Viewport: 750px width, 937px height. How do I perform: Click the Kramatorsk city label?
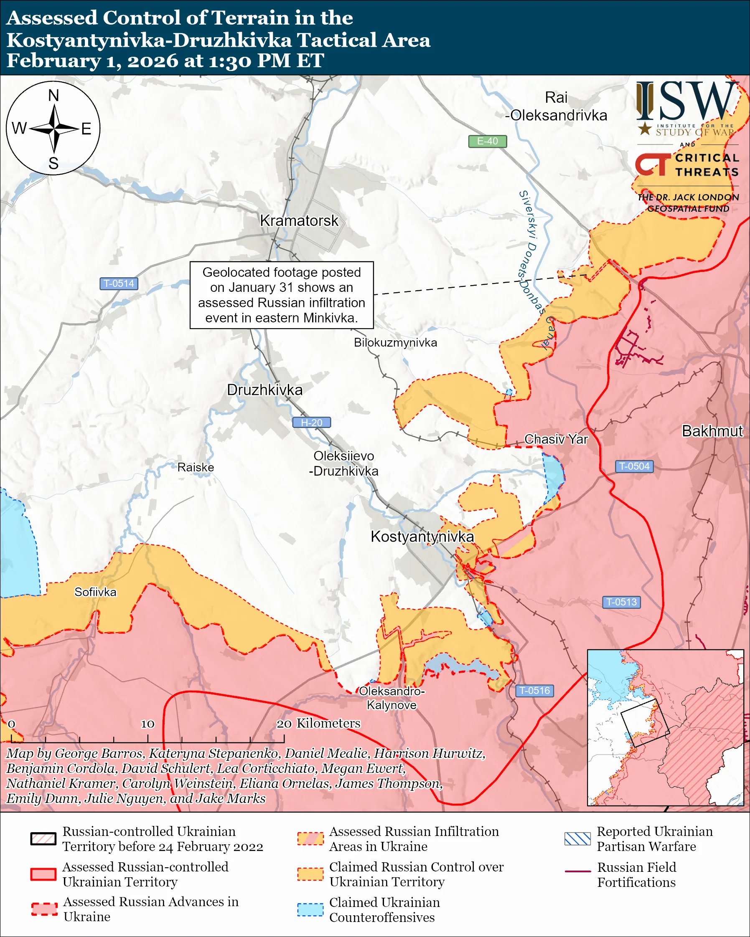click(x=299, y=221)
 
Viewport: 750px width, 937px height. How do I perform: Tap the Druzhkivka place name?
click(x=264, y=390)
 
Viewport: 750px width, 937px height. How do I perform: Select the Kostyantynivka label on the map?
click(x=422, y=536)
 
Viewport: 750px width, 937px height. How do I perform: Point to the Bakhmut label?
click(x=712, y=431)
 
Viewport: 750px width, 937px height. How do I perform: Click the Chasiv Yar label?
click(x=556, y=439)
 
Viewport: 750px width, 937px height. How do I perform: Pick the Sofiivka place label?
click(x=95, y=592)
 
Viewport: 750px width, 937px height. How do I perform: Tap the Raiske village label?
click(x=196, y=467)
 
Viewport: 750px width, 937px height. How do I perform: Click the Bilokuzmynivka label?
click(x=395, y=342)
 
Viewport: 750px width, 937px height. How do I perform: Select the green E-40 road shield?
click(x=487, y=141)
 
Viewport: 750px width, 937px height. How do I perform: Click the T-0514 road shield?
click(x=119, y=284)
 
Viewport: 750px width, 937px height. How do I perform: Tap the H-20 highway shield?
click(x=311, y=423)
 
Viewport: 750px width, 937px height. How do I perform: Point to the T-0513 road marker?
click(x=621, y=602)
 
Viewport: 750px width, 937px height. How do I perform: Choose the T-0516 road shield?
click(x=534, y=691)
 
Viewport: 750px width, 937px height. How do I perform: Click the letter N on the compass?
click(x=53, y=96)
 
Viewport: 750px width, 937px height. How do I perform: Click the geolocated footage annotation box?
click(x=281, y=295)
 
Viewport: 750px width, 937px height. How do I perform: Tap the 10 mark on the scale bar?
click(x=147, y=724)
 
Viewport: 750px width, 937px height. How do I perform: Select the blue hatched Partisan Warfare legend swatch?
click(x=577, y=839)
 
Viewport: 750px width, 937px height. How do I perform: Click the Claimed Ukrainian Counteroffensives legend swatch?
click(x=310, y=909)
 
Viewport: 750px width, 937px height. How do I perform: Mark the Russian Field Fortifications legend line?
click(x=577, y=871)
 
